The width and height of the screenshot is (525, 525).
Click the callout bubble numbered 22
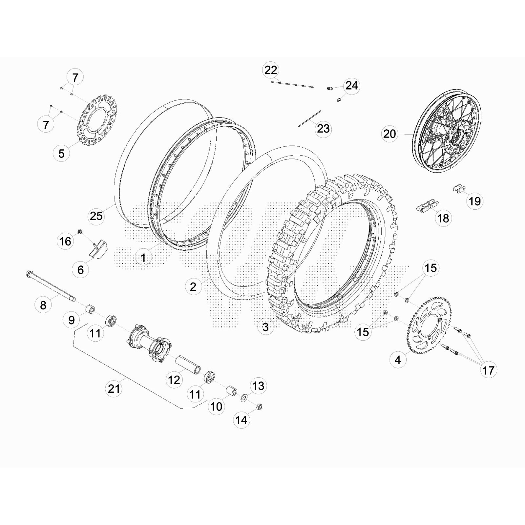pos(271,70)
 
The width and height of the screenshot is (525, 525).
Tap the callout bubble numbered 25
pos(96,216)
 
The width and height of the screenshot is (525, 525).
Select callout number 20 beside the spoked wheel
pos(389,134)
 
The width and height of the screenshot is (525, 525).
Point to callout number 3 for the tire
pos(265,326)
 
